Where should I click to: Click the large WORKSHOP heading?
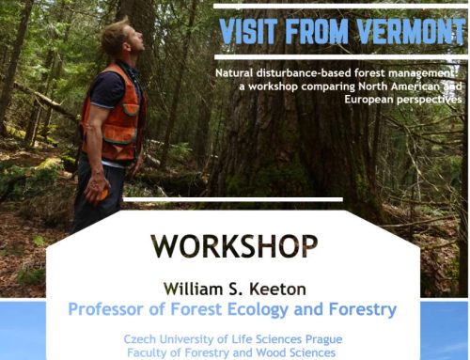234,246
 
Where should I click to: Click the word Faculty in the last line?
149,352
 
